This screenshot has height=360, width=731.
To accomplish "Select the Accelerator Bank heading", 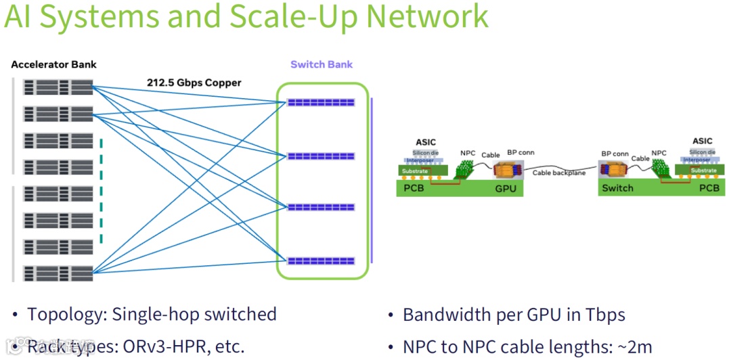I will [x=53, y=64].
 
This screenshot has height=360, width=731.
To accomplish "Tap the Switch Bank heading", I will [x=322, y=64].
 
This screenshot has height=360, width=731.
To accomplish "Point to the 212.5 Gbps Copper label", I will [x=194, y=83].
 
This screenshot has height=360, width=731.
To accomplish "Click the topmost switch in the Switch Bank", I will [x=321, y=102].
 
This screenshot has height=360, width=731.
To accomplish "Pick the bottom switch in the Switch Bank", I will [x=321, y=261].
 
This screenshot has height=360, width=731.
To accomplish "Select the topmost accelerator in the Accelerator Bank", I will [x=58, y=87].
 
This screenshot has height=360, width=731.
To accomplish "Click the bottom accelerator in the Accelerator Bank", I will [x=58, y=273].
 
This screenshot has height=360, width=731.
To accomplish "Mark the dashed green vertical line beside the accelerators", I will [x=101, y=190].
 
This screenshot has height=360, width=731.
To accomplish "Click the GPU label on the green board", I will [x=506, y=188].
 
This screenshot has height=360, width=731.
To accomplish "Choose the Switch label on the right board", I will [x=617, y=188].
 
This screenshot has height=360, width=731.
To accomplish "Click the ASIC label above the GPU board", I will [x=426, y=141].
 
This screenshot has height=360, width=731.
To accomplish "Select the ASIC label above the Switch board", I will [x=703, y=141].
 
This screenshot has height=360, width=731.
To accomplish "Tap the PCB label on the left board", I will [x=414, y=188].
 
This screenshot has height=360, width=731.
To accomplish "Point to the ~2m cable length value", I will [x=636, y=347].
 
